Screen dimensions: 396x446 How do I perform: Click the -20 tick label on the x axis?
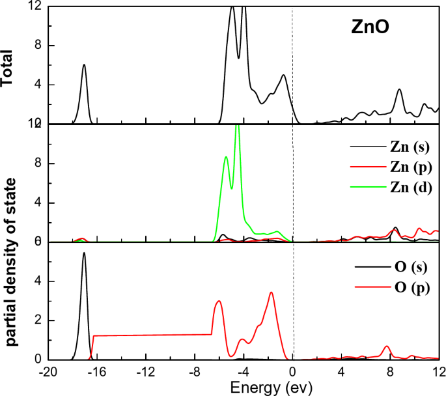47,372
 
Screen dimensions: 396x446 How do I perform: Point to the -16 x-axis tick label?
96,372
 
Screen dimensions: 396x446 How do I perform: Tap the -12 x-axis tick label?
145,372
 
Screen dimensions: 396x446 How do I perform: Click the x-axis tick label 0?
292,372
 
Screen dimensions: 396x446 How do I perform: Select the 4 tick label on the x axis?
341,372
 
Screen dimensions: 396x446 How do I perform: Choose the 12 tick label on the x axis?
439,372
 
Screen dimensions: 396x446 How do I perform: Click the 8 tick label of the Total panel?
31,46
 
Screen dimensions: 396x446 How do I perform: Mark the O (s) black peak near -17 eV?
84,253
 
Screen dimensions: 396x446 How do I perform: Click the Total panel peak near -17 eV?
84,64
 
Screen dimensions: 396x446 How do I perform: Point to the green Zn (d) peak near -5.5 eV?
226,157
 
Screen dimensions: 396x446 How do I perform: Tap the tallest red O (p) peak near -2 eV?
271,292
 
